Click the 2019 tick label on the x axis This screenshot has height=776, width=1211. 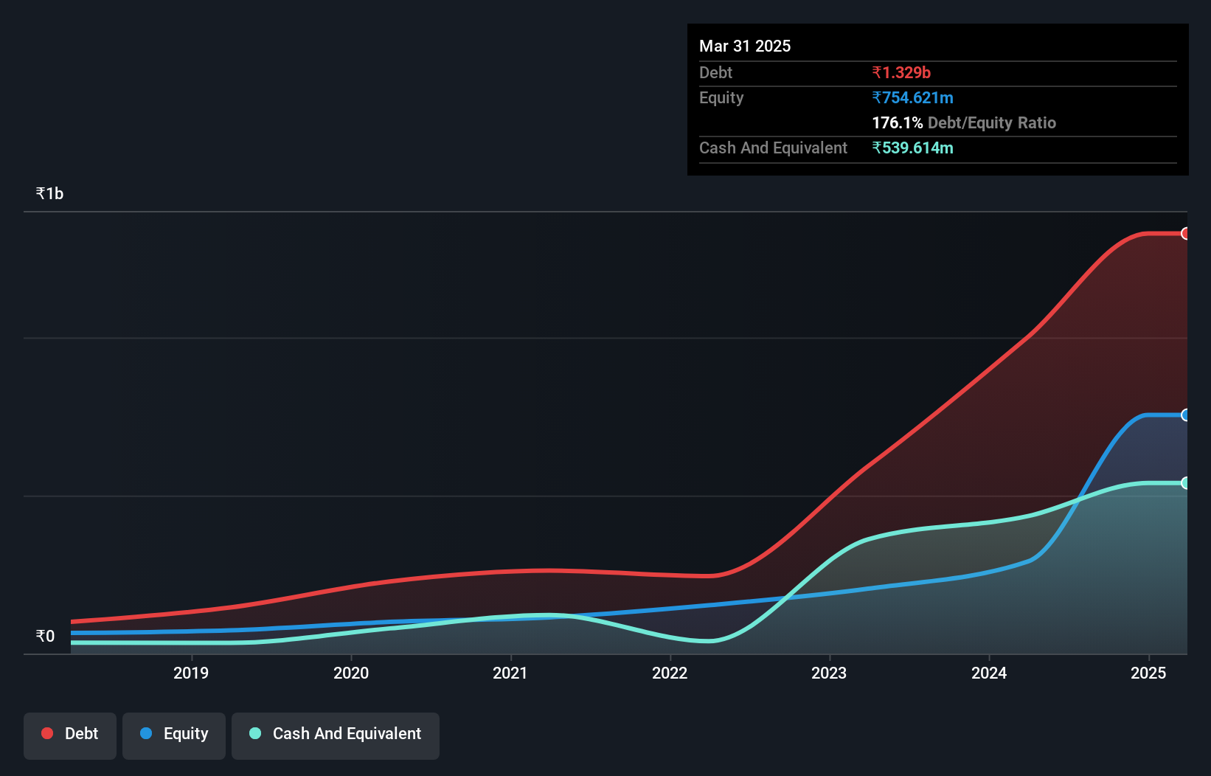point(191,673)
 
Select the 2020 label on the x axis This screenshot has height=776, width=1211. point(351,673)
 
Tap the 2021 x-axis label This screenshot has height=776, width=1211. point(510,673)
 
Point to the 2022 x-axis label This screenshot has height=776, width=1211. point(670,673)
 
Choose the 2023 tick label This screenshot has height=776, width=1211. point(829,673)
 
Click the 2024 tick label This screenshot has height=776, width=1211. point(989,673)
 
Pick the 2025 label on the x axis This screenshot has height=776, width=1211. point(1148,673)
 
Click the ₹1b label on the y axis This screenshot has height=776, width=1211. point(49,193)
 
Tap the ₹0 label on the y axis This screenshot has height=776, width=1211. point(45,636)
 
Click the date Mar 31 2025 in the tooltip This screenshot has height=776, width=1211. point(745,46)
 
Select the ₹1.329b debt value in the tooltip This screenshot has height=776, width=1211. point(901,72)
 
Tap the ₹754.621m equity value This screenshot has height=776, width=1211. point(912,97)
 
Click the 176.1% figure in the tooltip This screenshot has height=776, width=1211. point(897,122)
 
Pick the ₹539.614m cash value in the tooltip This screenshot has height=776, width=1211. point(912,148)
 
